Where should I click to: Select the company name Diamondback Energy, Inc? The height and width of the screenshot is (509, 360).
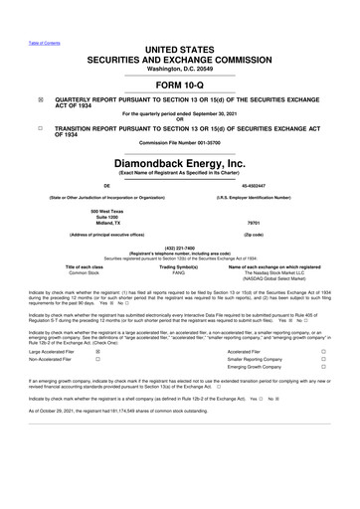pyautogui.click(x=180, y=162)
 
